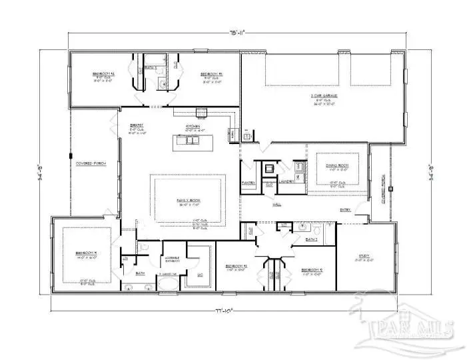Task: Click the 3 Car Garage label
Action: [x=322, y=97]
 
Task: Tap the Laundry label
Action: [x=287, y=181]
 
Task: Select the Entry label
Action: [x=345, y=210]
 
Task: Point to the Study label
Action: [x=365, y=255]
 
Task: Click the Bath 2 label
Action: [x=310, y=238]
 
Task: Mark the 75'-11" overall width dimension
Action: [x=234, y=31]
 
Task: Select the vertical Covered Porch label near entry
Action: [x=382, y=180]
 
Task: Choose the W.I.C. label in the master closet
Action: [x=199, y=274]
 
